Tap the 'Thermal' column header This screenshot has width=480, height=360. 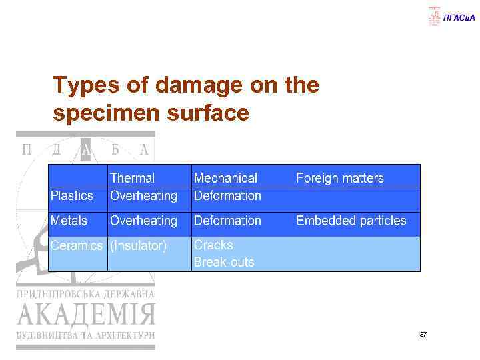coord(132,178)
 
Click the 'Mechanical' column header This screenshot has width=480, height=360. coord(225,178)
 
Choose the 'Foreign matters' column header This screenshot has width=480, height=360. coord(340,178)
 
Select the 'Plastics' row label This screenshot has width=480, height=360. coord(72,195)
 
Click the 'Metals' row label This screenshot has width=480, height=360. coord(69,220)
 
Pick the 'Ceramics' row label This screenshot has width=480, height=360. coord(77,245)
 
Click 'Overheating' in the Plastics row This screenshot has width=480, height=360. coord(143,195)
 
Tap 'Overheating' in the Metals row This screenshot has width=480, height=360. coord(143,220)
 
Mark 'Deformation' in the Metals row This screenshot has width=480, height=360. coord(227,220)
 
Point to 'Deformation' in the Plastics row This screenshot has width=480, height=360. coord(227,195)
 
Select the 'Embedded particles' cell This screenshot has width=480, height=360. coord(351,220)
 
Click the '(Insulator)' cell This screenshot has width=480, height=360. coord(138,245)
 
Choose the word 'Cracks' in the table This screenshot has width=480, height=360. coord(213,245)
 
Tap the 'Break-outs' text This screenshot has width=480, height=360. coord(224,262)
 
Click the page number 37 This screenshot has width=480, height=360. coord(423,334)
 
